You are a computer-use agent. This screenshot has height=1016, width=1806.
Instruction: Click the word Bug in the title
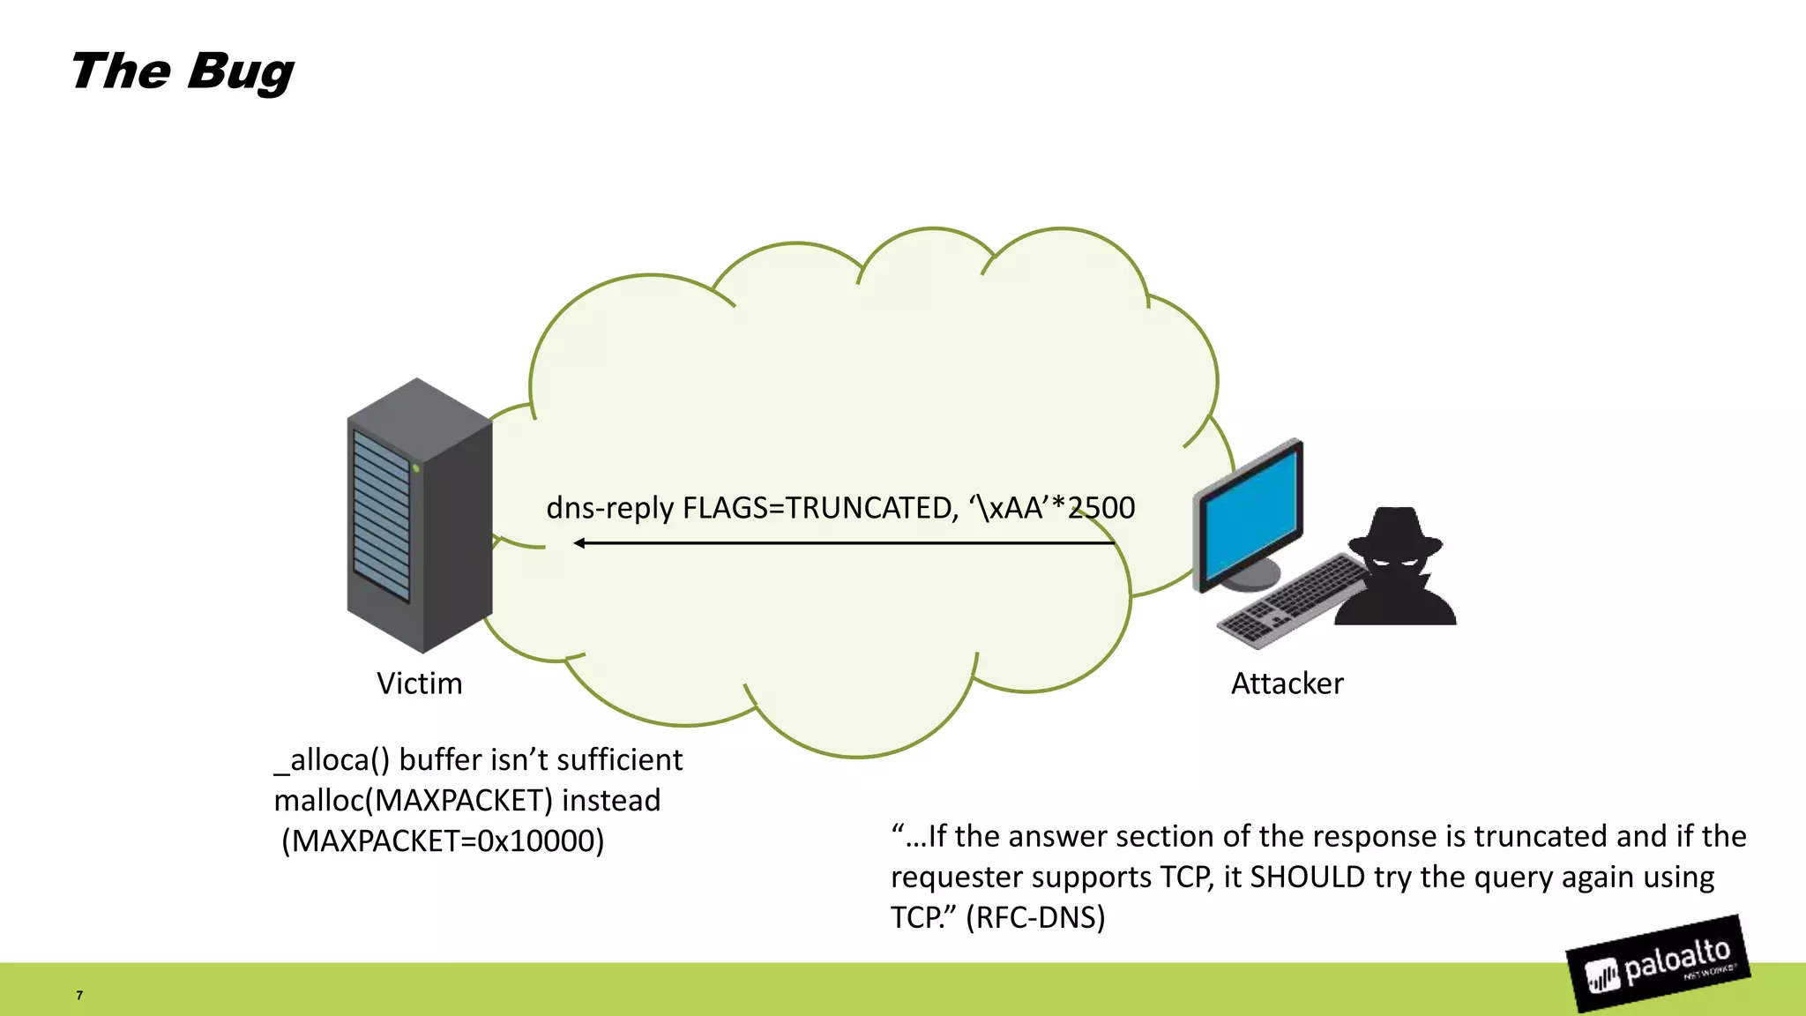(x=240, y=72)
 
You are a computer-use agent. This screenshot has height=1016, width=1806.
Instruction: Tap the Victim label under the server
(x=419, y=684)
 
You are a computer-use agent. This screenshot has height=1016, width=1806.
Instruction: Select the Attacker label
(x=1287, y=684)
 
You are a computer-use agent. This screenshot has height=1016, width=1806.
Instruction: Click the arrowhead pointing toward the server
(x=579, y=543)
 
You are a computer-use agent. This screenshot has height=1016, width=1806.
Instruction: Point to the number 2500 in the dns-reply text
(x=1101, y=508)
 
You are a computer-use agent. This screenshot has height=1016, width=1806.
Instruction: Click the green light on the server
(x=416, y=468)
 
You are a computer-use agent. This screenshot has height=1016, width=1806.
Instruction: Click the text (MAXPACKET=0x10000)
(x=443, y=840)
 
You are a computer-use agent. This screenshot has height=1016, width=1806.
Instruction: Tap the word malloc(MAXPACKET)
(x=413, y=800)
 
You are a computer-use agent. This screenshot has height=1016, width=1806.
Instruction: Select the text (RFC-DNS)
(x=1035, y=917)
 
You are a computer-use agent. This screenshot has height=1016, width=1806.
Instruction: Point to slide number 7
(x=79, y=995)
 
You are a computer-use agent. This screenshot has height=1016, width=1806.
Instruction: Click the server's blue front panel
(x=381, y=516)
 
